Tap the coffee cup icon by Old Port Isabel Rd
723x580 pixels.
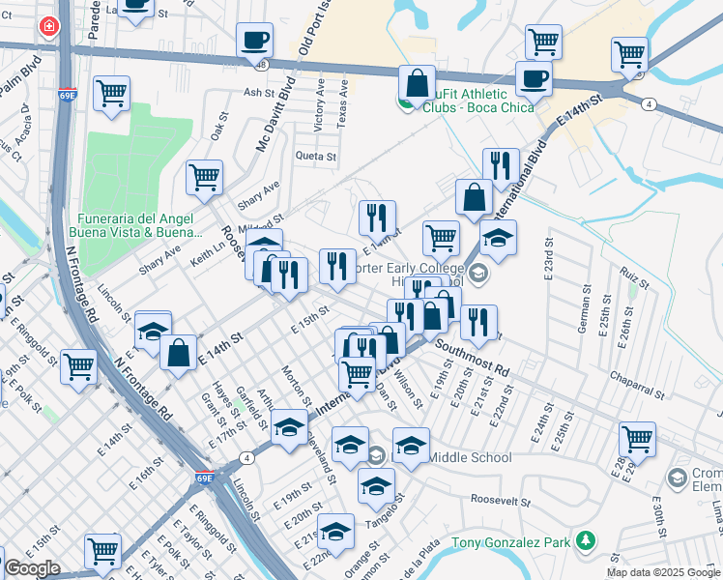[255, 40]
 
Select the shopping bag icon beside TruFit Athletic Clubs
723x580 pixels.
[417, 83]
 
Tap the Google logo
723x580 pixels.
[32, 569]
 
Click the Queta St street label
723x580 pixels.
[316, 156]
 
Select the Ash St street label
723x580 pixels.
[260, 93]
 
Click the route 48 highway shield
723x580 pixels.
[263, 64]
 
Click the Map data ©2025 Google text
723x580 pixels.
[664, 572]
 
